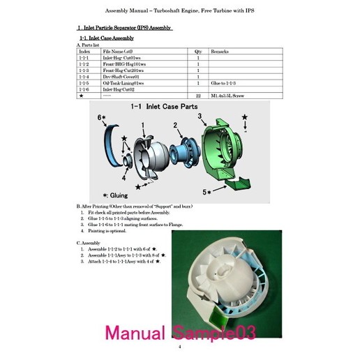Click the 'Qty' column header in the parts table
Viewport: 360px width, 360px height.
point(198,52)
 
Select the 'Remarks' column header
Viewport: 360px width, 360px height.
point(220,52)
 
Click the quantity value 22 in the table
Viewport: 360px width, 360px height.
point(199,96)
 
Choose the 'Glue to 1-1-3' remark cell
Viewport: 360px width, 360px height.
point(225,83)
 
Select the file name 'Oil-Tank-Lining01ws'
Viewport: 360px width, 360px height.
point(123,83)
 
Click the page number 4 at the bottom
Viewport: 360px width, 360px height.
point(179,347)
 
